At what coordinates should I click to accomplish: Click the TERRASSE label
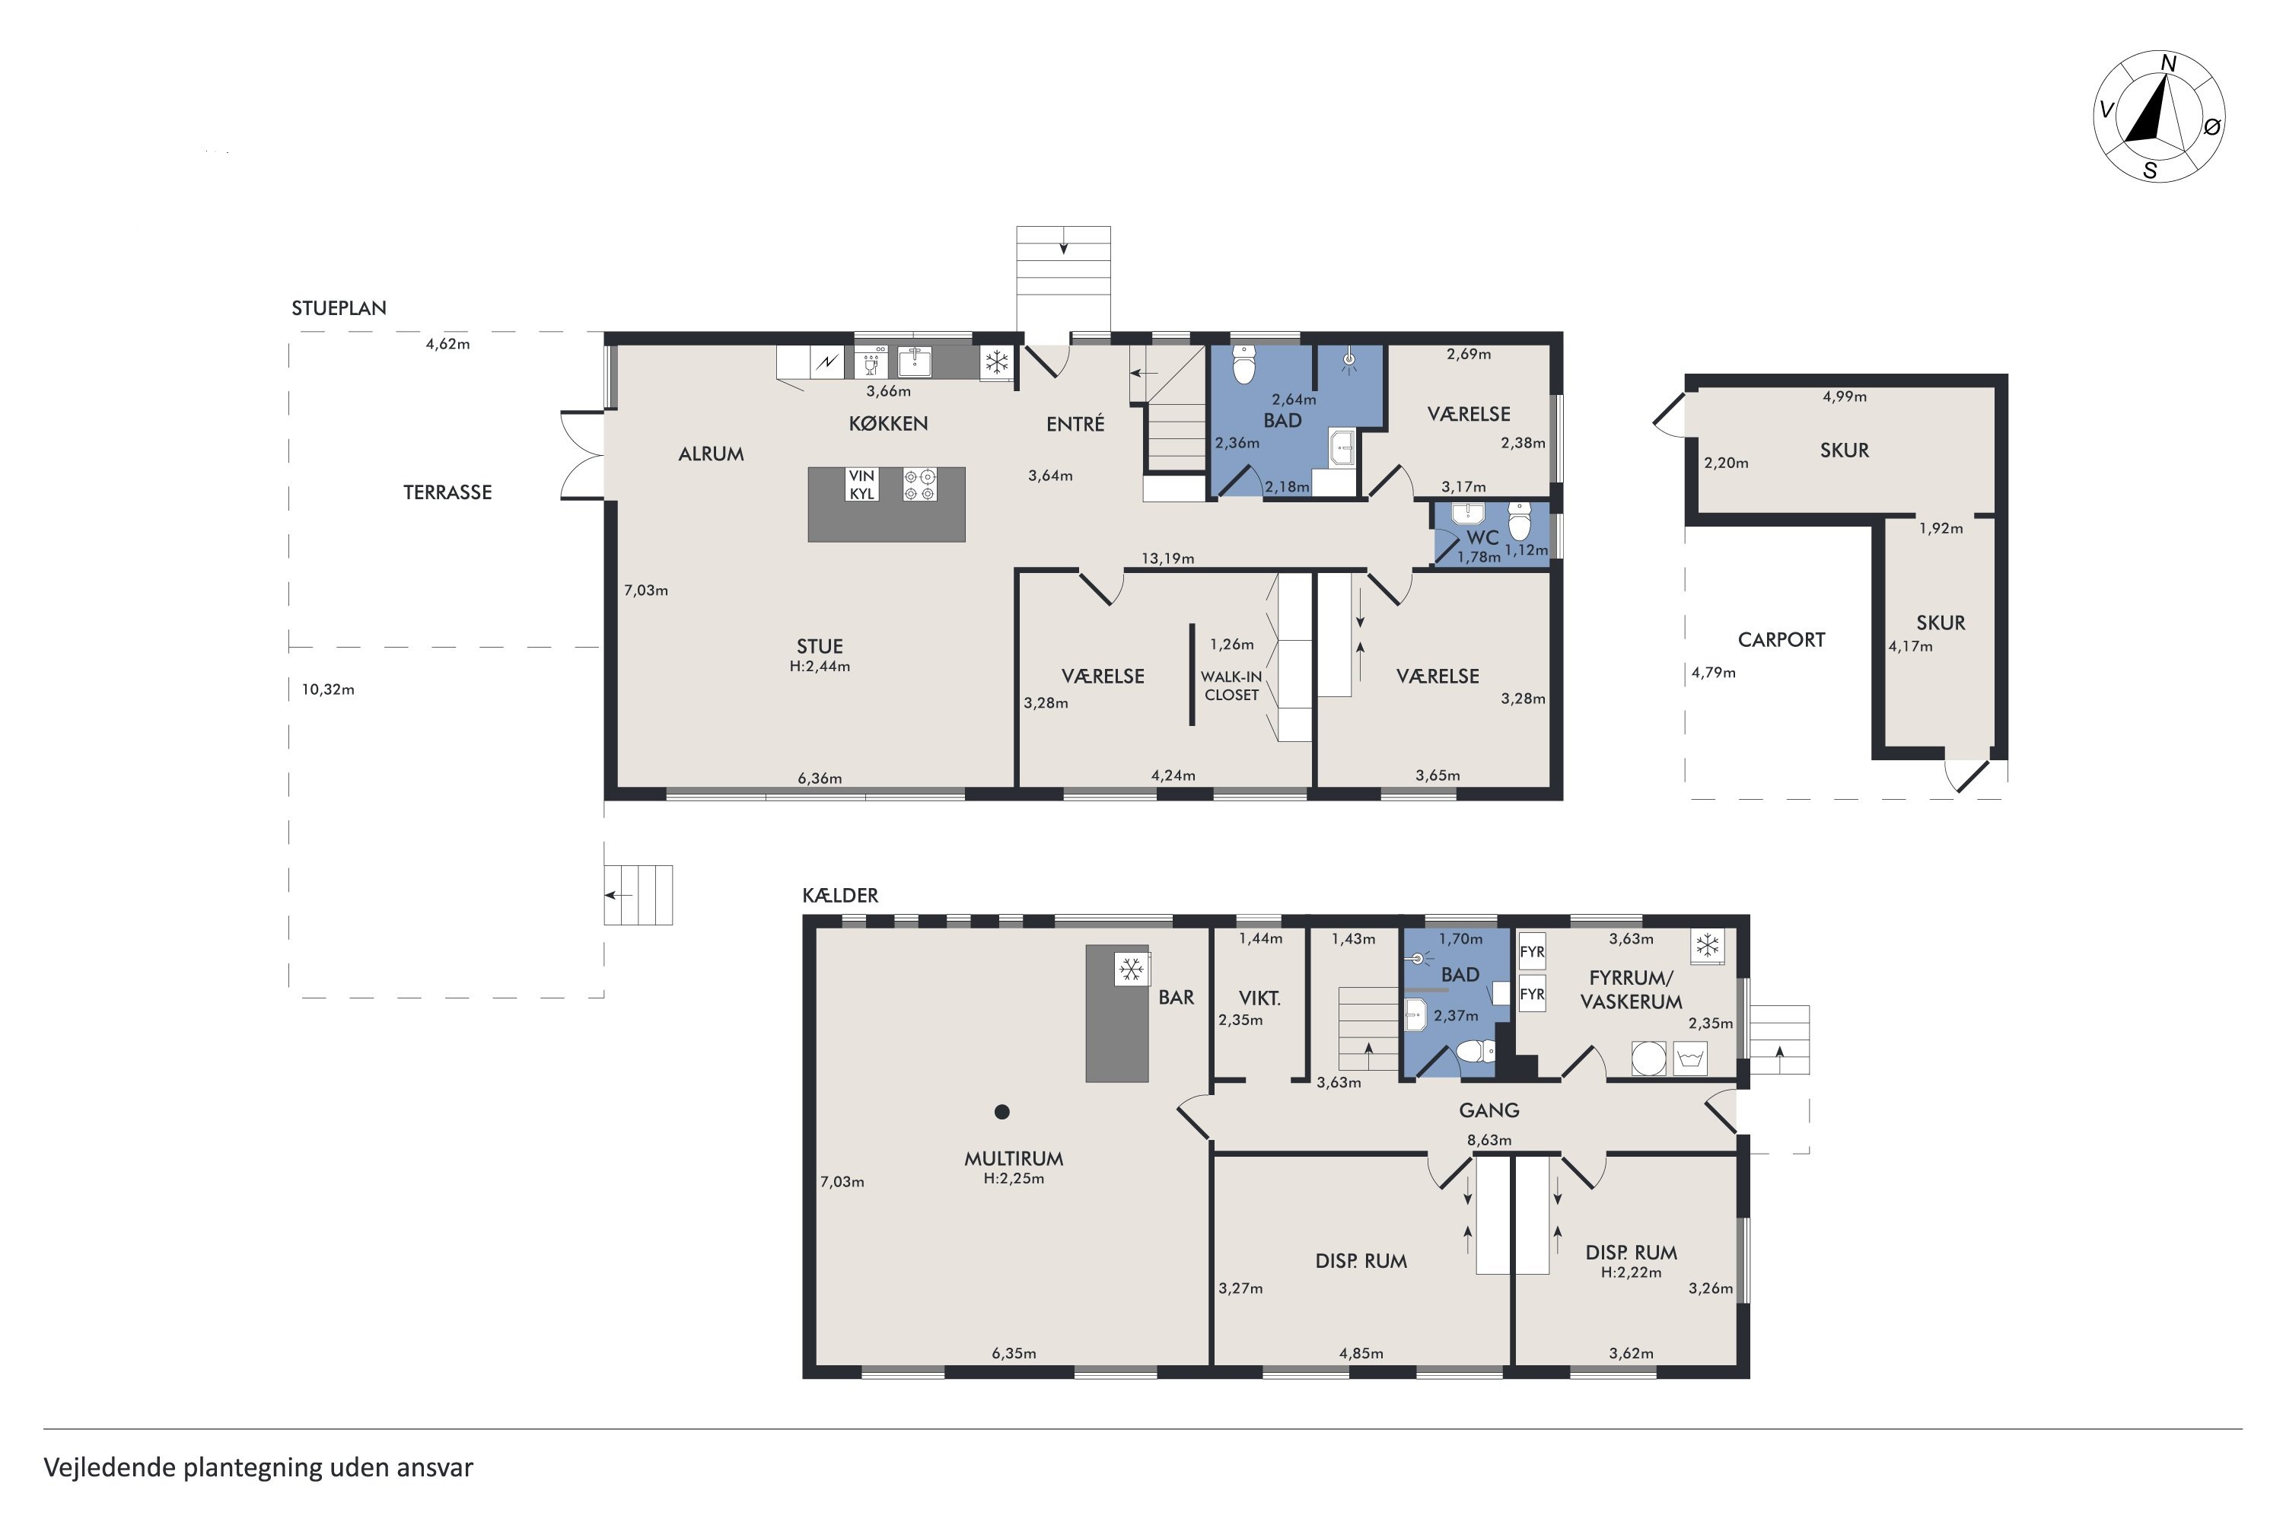pyautogui.click(x=447, y=492)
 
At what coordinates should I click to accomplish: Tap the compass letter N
pyautogui.click(x=2167, y=64)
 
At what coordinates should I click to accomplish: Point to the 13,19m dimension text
pyautogui.click(x=1167, y=558)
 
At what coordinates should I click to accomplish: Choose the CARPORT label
pyautogui.click(x=1782, y=640)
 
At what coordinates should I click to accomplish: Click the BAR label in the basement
pyautogui.click(x=1177, y=997)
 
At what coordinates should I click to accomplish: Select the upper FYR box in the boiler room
pyautogui.click(x=1532, y=951)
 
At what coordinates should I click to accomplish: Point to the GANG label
pyautogui.click(x=1489, y=1110)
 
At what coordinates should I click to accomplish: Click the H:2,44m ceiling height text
pyautogui.click(x=820, y=666)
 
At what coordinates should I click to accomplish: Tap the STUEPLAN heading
pyautogui.click(x=339, y=307)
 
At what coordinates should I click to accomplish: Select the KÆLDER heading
pyautogui.click(x=841, y=895)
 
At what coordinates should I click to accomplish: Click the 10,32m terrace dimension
pyautogui.click(x=328, y=689)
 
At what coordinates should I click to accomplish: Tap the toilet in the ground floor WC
pyautogui.click(x=1520, y=521)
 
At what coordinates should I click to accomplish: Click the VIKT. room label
pyautogui.click(x=1260, y=998)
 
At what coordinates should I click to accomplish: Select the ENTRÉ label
pyautogui.click(x=1075, y=423)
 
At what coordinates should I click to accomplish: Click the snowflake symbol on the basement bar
pyautogui.click(x=1130, y=969)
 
